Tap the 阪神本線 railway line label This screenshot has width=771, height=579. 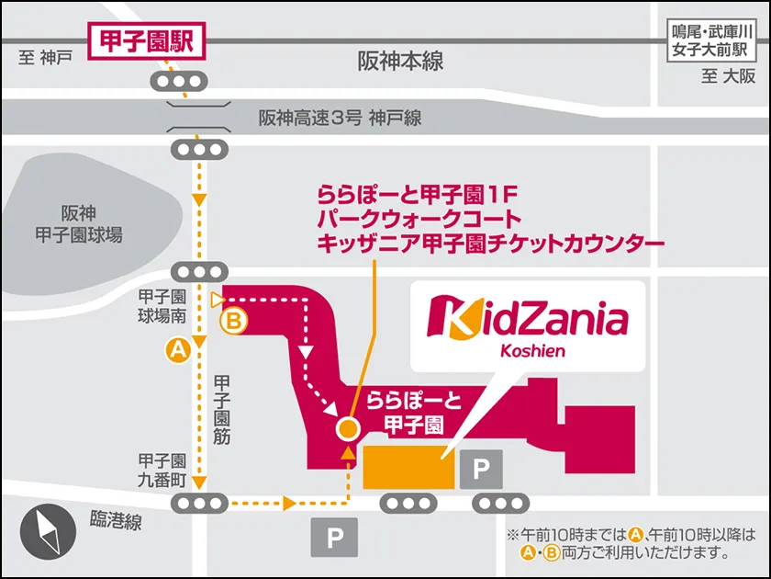400,62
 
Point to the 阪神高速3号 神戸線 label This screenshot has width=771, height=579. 340,119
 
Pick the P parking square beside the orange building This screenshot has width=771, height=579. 481,471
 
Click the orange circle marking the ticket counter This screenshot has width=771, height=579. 347,428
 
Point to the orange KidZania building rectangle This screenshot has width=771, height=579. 408,467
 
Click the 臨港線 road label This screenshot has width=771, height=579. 116,522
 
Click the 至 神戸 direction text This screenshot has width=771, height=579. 43,59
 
